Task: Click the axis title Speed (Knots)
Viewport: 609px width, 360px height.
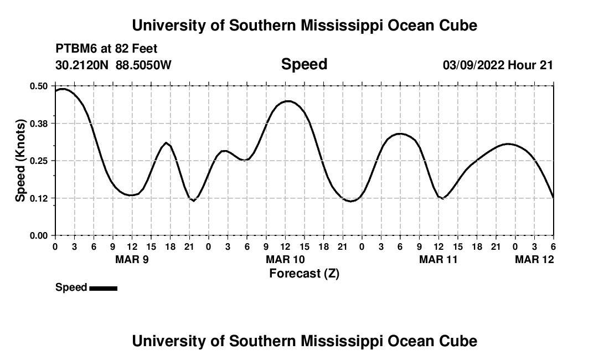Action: (20, 161)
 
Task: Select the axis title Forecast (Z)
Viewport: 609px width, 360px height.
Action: (304, 273)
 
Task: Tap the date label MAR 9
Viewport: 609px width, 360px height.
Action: (132, 259)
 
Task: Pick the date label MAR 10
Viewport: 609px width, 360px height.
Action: (285, 259)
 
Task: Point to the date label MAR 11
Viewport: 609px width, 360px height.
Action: (438, 259)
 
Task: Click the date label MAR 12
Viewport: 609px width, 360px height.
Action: (534, 259)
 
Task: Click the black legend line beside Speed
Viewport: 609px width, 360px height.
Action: (103, 288)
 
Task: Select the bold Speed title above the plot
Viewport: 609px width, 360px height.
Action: (304, 64)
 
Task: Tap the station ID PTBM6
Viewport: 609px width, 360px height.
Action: (74, 49)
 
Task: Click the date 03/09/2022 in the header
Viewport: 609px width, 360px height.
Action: (473, 65)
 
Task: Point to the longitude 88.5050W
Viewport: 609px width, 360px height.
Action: (143, 65)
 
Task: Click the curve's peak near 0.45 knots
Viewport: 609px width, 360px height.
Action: (288, 101)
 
